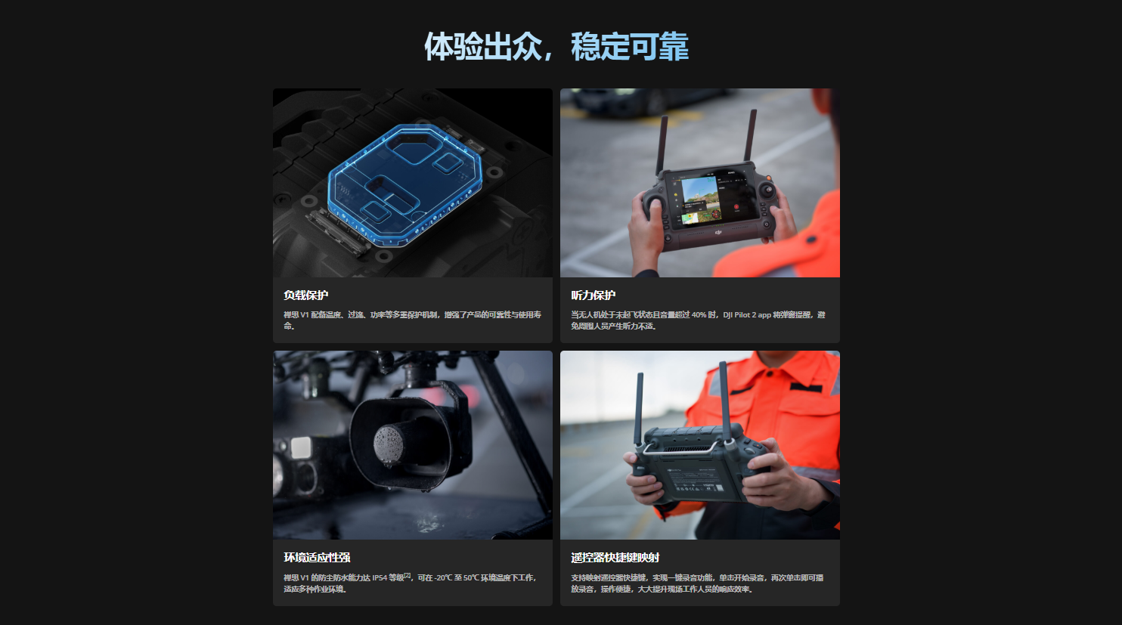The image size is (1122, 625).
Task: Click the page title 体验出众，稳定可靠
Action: pyautogui.click(x=556, y=47)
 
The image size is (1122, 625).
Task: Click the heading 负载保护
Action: pyautogui.click(x=305, y=295)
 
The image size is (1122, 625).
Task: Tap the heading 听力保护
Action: pyautogui.click(x=593, y=295)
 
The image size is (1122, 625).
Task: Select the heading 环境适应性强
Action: pyautogui.click(x=317, y=557)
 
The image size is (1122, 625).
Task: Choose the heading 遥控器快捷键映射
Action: pyautogui.click(x=615, y=557)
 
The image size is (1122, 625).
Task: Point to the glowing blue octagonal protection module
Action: pyautogui.click(x=404, y=184)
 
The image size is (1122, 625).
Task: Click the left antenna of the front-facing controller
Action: pyautogui.click(x=662, y=144)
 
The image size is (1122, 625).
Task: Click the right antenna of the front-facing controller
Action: pyautogui.click(x=750, y=136)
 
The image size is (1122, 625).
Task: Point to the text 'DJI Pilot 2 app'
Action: pyautogui.click(x=746, y=314)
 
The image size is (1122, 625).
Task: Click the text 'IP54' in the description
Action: pyautogui.click(x=379, y=578)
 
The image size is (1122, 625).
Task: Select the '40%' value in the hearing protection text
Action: pyautogui.click(x=699, y=314)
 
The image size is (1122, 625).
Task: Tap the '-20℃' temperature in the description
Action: pyautogui.click(x=442, y=578)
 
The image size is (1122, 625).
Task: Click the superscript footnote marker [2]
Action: pyautogui.click(x=407, y=575)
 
